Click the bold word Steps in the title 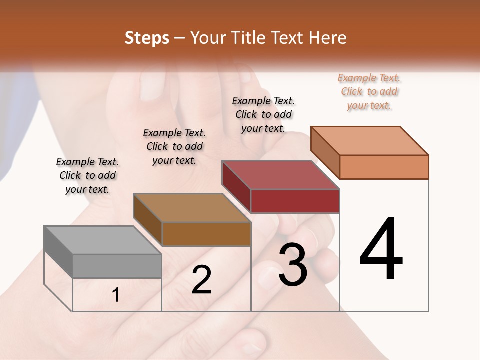tap(147, 38)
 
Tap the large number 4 tap(381, 249)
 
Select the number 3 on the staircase tap(292, 265)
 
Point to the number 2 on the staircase tap(201, 280)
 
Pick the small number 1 tap(116, 295)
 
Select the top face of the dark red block tap(280, 175)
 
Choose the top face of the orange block tap(370, 141)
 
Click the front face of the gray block tap(117, 266)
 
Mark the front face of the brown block tap(206, 234)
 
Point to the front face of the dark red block tap(295, 201)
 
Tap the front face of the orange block tap(384, 167)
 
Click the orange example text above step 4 tap(369, 91)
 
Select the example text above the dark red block tap(263, 114)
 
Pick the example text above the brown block tap(174, 146)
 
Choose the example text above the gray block tap(87, 175)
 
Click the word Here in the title tap(329, 38)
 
